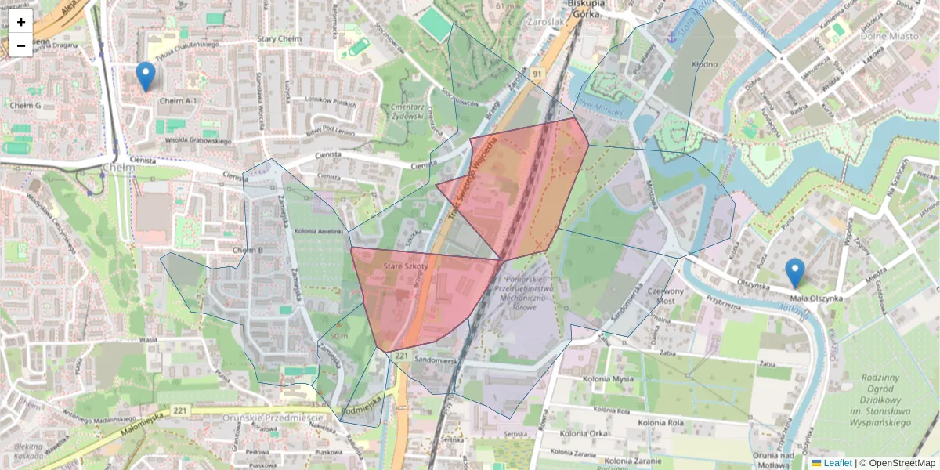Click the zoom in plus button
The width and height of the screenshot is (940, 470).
[21, 22]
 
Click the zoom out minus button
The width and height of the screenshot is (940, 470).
[21, 45]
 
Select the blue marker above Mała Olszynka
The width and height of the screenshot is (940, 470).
[794, 273]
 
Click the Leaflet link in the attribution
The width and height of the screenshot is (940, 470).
[837, 463]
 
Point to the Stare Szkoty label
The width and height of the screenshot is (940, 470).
[406, 267]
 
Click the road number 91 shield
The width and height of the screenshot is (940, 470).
[537, 73]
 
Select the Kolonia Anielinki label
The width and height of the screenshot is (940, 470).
[316, 231]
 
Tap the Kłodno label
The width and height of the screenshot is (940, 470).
[704, 63]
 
